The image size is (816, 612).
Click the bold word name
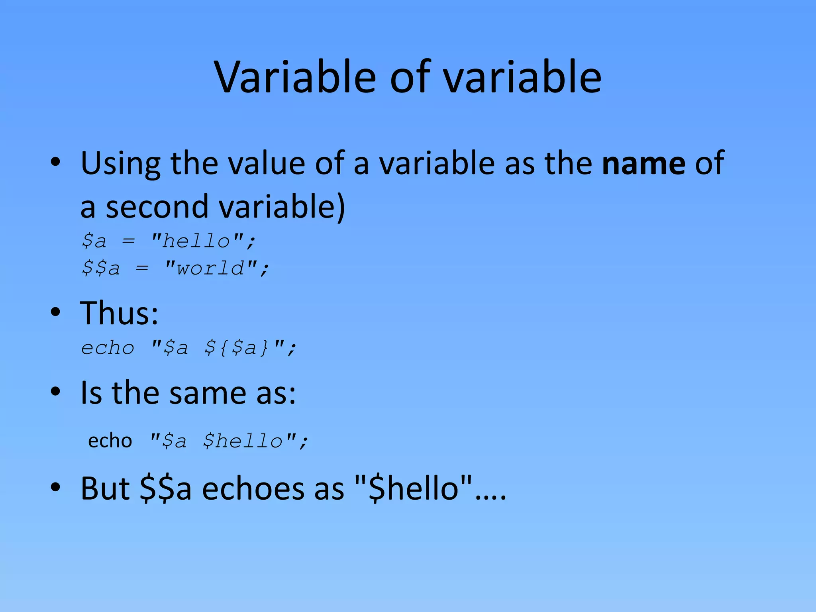click(x=643, y=163)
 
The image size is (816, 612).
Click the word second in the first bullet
click(x=157, y=207)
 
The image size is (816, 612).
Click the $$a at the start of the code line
click(x=100, y=268)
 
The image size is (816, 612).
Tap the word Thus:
click(x=119, y=313)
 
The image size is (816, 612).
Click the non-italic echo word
click(x=110, y=441)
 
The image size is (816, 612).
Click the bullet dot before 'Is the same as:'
click(x=55, y=392)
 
